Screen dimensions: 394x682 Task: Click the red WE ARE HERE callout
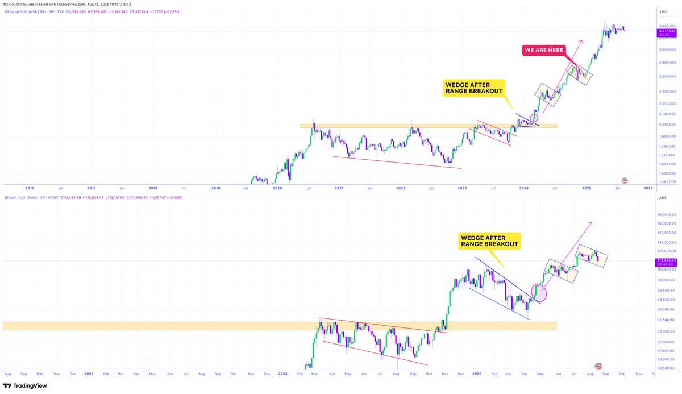[544, 51]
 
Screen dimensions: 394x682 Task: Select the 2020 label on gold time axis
[277, 188]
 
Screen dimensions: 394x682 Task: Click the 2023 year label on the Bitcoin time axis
[89, 374]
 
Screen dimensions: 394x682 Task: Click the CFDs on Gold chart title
[26, 11]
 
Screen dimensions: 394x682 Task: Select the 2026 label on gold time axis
[647, 188]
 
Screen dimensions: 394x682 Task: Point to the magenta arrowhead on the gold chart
[581, 42]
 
